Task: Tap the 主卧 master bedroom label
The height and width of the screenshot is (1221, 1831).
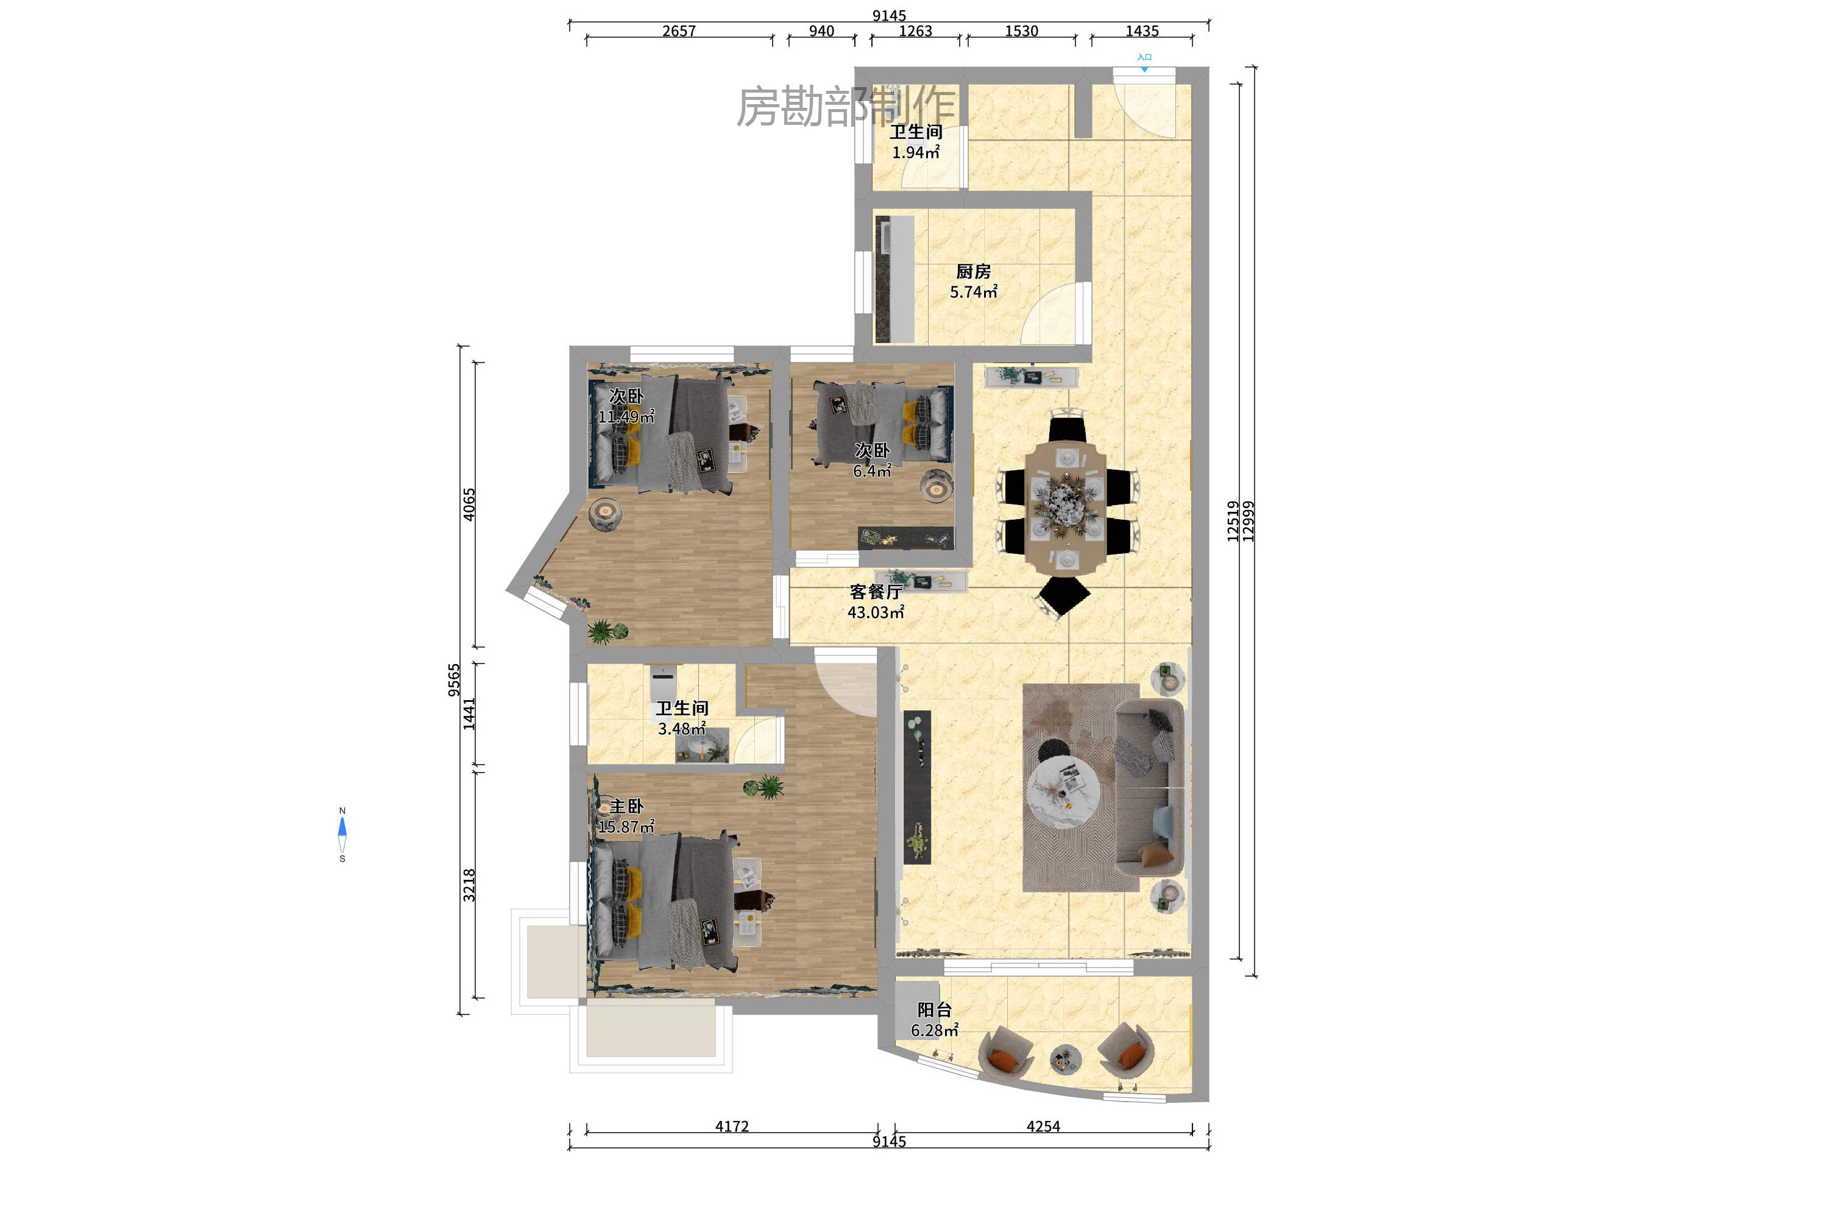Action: tap(626, 806)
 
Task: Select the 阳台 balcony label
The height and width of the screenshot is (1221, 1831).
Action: tap(934, 1010)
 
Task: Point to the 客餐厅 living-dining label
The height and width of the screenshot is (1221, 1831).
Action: tap(876, 592)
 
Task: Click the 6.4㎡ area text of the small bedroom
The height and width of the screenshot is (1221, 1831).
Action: tap(871, 471)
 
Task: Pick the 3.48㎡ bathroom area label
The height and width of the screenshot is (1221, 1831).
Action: tap(681, 729)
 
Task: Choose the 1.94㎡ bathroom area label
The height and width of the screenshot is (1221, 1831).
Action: tap(915, 152)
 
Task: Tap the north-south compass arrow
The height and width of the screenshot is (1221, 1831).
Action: tap(342, 834)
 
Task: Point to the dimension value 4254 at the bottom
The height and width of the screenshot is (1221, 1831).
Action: tap(1043, 1126)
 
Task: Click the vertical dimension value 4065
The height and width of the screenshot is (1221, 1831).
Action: tap(469, 504)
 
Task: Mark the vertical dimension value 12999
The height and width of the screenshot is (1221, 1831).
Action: tap(1248, 521)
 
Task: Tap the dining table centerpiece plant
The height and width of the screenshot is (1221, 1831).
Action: tap(1064, 499)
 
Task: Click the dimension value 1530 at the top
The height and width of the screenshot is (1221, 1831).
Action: tap(1021, 31)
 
